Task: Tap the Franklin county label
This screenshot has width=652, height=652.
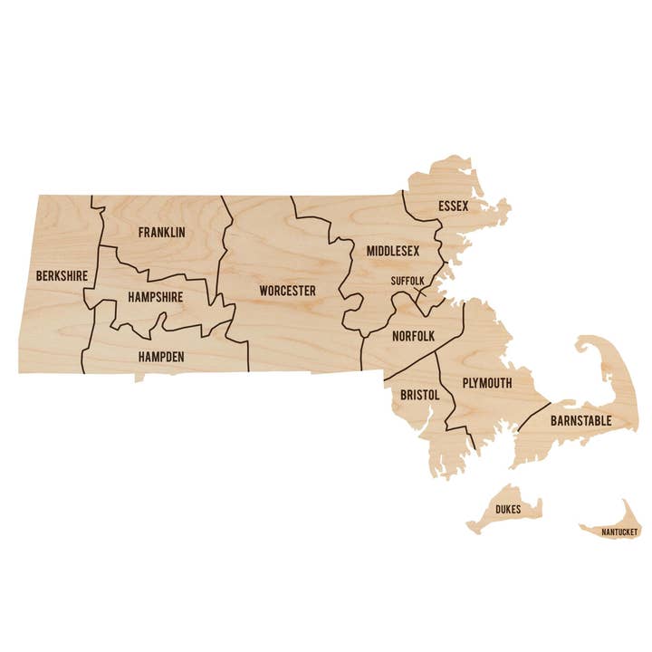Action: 161,233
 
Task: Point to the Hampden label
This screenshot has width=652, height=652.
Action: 161,357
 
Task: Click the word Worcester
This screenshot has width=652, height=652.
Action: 287,291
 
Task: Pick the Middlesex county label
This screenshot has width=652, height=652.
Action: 393,250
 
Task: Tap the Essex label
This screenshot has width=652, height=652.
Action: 453,206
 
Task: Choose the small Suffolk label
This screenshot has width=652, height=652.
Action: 407,281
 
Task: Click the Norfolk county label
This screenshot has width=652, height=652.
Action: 414,336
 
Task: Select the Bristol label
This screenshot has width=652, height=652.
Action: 419,395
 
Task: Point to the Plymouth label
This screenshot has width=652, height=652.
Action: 487,383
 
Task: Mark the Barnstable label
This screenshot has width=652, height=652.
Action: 580,421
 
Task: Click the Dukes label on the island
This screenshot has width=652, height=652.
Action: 508,511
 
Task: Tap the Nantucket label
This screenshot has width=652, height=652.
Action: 619,532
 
